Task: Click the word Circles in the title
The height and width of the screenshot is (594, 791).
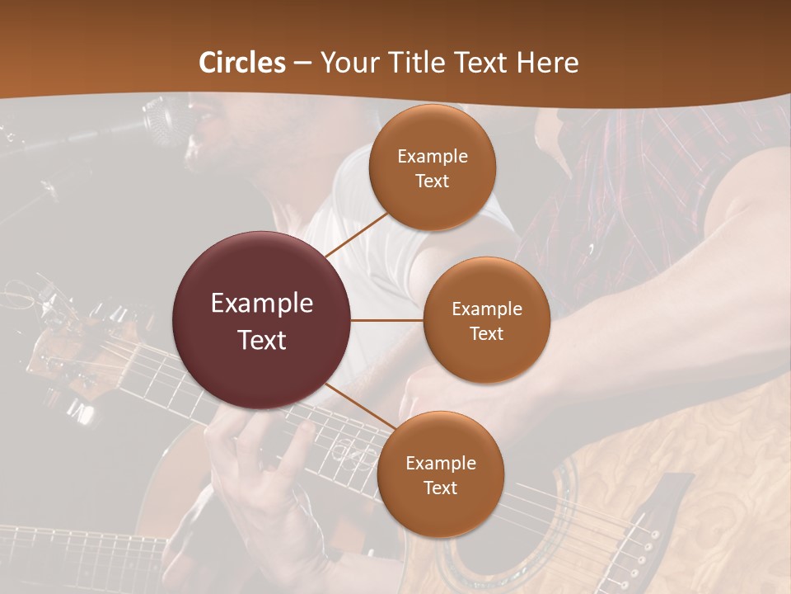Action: (241, 63)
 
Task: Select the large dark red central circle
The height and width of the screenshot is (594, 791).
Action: (262, 320)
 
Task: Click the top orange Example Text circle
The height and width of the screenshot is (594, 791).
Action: (432, 168)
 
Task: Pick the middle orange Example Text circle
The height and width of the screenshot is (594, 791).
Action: (486, 320)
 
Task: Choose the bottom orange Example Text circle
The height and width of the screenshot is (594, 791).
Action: (440, 474)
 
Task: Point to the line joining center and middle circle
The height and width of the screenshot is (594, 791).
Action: (387, 320)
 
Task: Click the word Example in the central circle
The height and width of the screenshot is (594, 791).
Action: (262, 304)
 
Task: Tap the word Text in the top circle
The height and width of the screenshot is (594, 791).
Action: (432, 181)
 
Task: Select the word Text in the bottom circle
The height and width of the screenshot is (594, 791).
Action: (440, 488)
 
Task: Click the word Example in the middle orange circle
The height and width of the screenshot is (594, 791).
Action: (486, 309)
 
